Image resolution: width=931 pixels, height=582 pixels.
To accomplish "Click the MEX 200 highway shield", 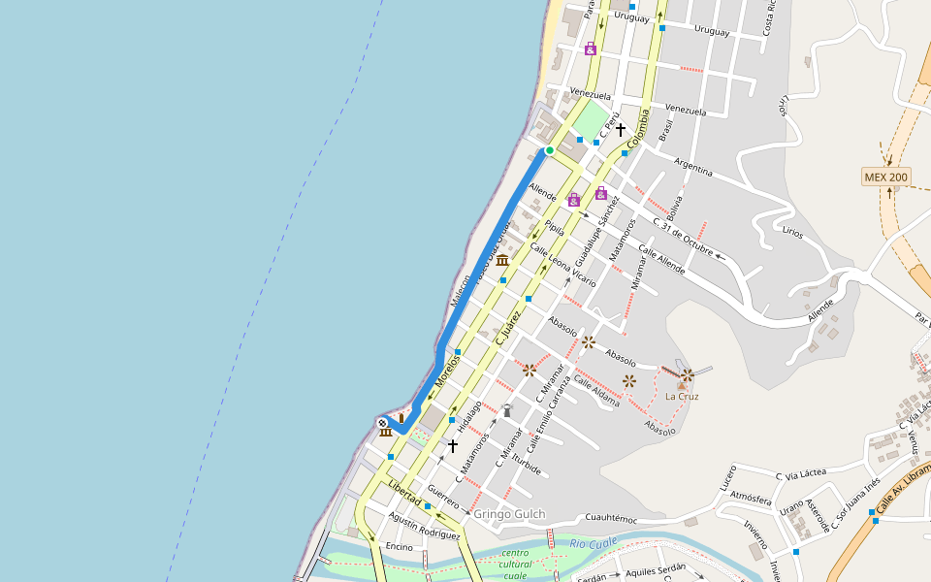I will coord(886,177).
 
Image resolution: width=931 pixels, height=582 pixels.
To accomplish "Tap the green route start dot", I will coord(549,150).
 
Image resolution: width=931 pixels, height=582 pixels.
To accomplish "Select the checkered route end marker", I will coord(384,423).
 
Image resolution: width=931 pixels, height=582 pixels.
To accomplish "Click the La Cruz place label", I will coord(682,396).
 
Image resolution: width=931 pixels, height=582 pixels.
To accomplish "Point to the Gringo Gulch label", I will coord(509,514).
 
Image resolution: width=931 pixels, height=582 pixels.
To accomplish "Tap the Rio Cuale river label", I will coord(594,544).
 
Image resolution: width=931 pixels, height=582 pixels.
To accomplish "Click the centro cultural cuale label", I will coord(515,564).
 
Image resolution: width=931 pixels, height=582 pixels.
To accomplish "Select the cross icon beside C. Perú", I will coord(621,129).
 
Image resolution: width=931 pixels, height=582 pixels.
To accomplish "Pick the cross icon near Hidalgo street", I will coord(452,446).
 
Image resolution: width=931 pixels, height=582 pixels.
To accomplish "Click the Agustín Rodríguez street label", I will coord(423,527).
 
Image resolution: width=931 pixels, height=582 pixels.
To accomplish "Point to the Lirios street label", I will coord(792,233).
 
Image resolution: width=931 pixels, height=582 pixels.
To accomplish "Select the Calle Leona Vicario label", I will coord(562,264).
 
